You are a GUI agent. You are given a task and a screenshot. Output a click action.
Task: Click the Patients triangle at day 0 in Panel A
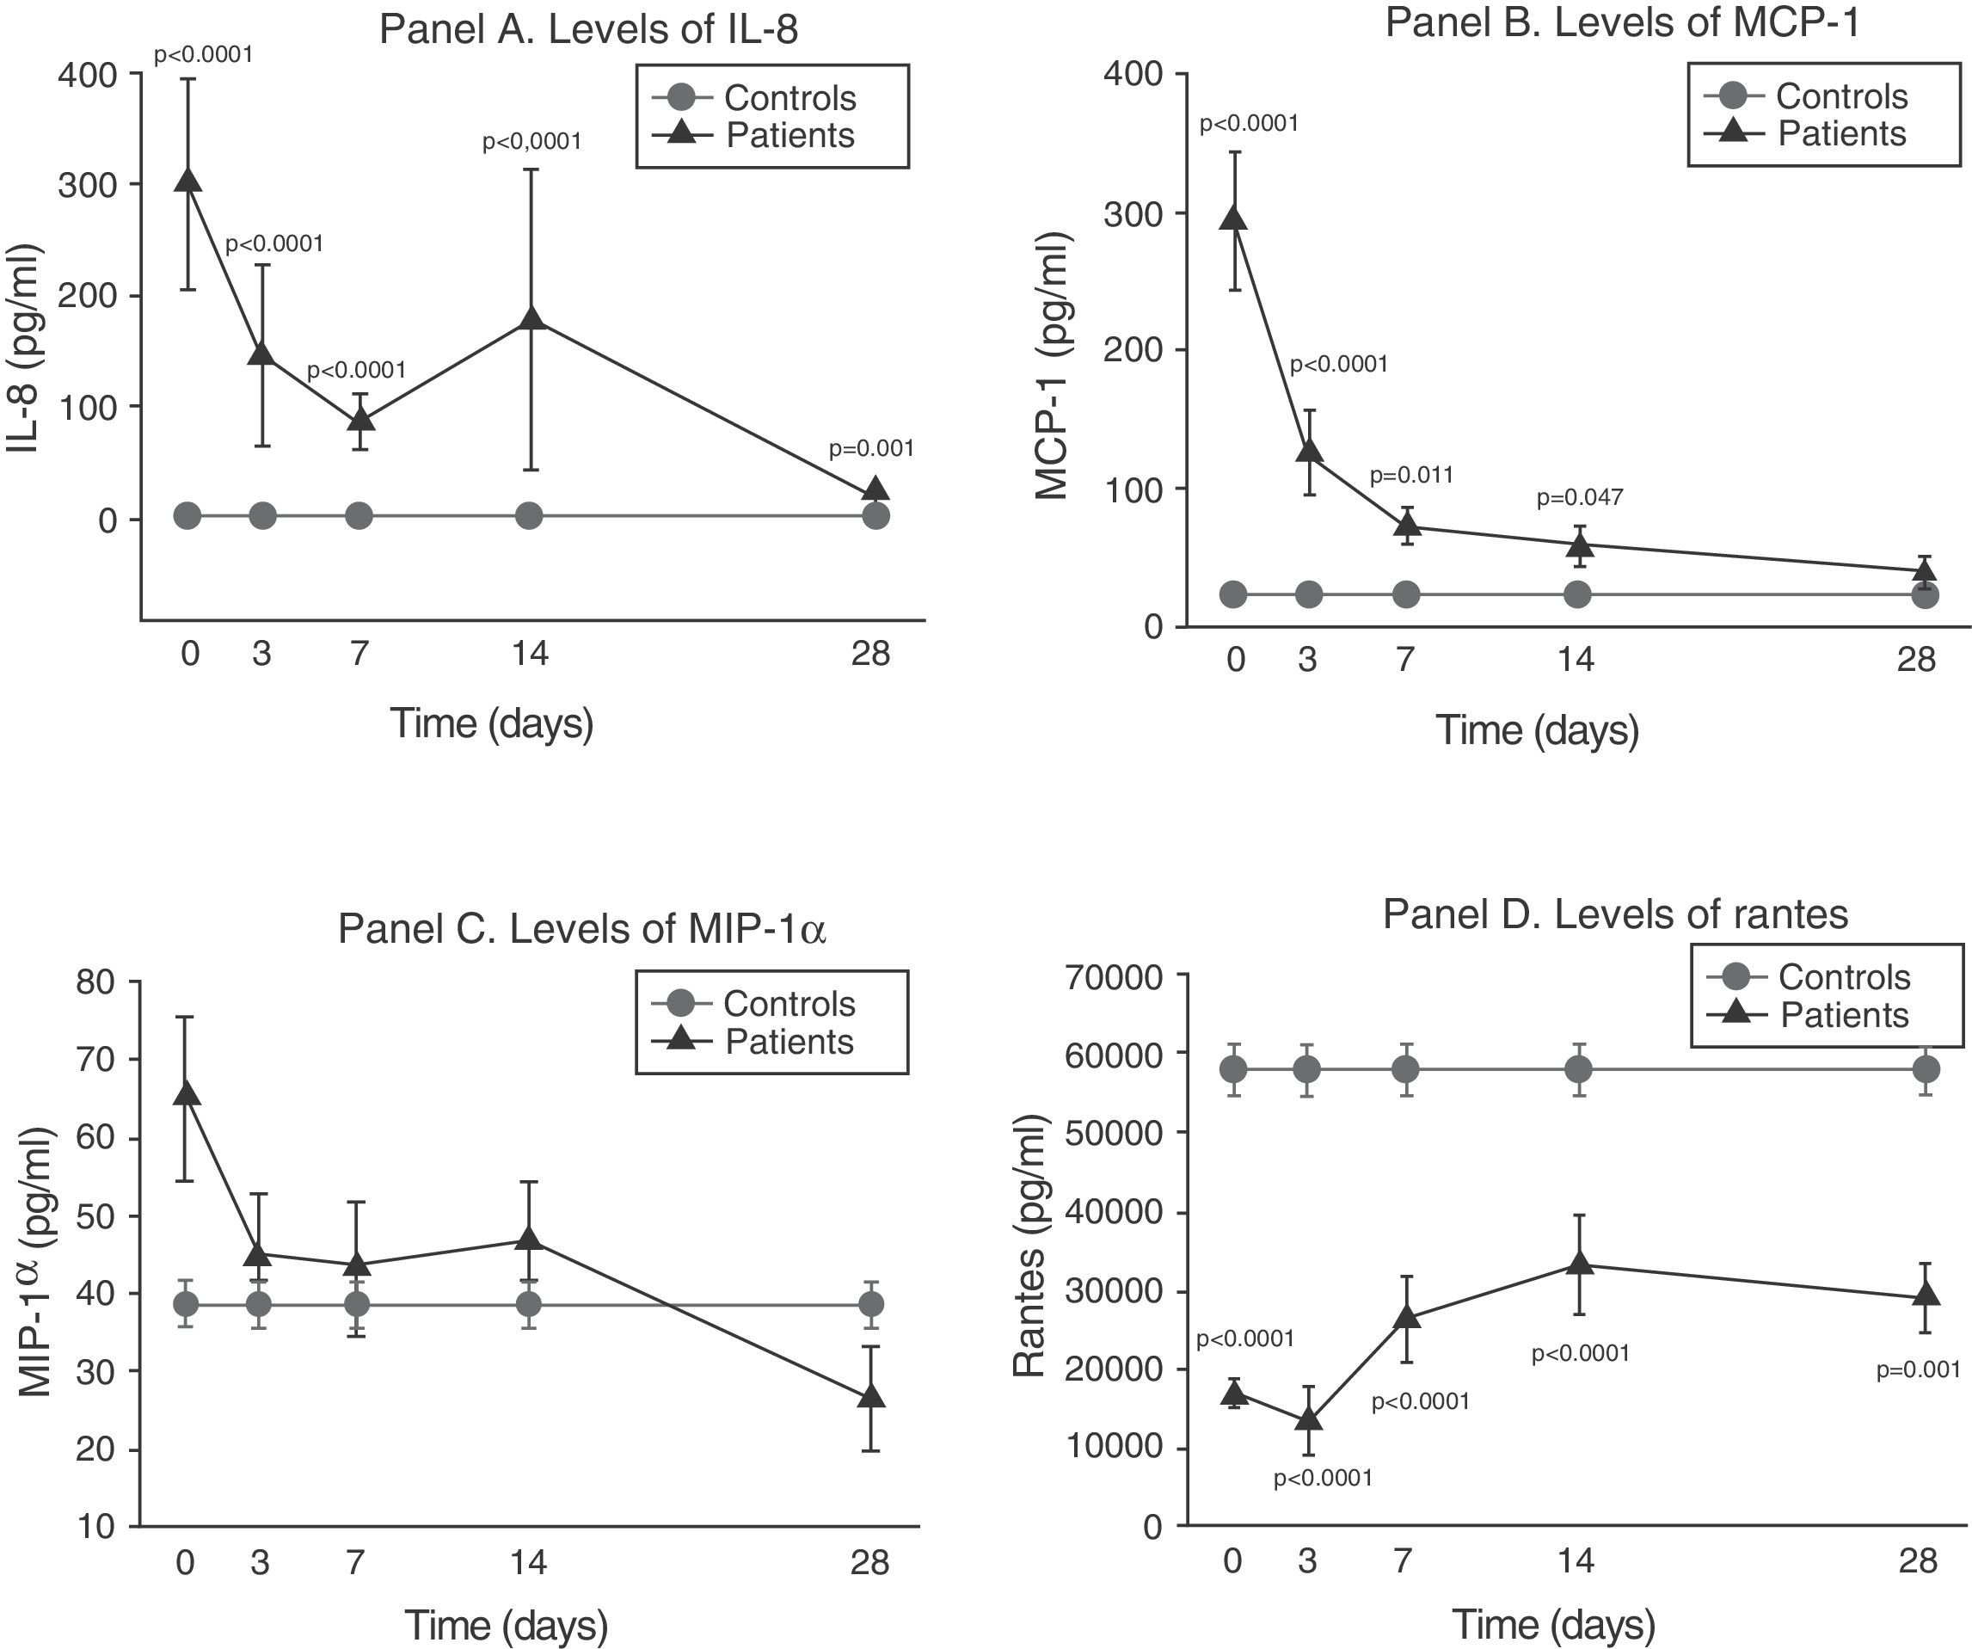click(x=188, y=181)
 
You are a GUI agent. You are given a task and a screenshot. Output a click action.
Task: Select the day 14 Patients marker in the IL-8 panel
click(x=531, y=317)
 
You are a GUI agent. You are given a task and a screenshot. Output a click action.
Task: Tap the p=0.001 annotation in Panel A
click(x=870, y=449)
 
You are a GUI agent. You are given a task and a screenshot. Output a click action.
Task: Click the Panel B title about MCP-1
click(x=1622, y=22)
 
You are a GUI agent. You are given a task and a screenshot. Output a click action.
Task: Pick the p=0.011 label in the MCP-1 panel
click(x=1410, y=475)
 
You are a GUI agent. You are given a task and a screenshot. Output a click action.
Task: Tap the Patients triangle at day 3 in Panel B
click(x=1310, y=451)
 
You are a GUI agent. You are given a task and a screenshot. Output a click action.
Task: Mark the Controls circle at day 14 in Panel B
click(x=1577, y=594)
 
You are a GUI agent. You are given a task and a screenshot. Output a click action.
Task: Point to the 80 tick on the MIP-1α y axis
click(x=96, y=982)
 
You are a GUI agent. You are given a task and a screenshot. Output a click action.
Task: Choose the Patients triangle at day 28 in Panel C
click(x=872, y=1395)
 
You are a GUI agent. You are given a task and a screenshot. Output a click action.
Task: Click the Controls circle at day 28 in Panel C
click(x=872, y=1303)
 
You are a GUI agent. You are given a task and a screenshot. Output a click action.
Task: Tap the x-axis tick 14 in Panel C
click(x=529, y=1563)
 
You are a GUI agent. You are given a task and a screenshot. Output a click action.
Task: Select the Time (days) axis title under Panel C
click(x=507, y=1625)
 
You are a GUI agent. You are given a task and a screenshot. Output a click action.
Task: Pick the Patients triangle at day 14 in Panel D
click(x=1581, y=1262)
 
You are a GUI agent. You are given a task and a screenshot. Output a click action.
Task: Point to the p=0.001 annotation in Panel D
click(x=1918, y=1370)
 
